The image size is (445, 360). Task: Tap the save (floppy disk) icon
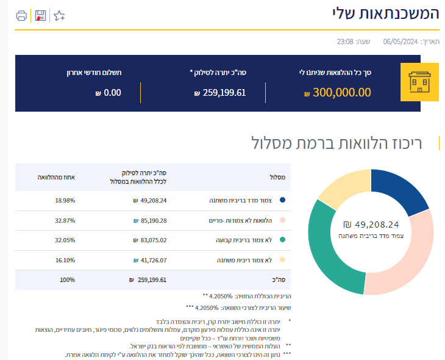click(40, 15)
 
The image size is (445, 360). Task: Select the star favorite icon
click(59, 15)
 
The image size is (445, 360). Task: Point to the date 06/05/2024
click(400, 41)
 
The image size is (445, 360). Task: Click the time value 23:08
click(346, 41)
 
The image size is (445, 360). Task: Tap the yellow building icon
click(419, 82)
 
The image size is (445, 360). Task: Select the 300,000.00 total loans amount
click(341, 93)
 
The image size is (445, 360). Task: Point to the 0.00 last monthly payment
click(112, 93)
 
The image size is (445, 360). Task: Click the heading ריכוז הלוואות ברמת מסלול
click(345, 143)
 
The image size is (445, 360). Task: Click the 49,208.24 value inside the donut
click(376, 224)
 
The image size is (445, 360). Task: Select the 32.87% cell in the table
click(65, 220)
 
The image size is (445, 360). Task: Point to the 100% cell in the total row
click(67, 280)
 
